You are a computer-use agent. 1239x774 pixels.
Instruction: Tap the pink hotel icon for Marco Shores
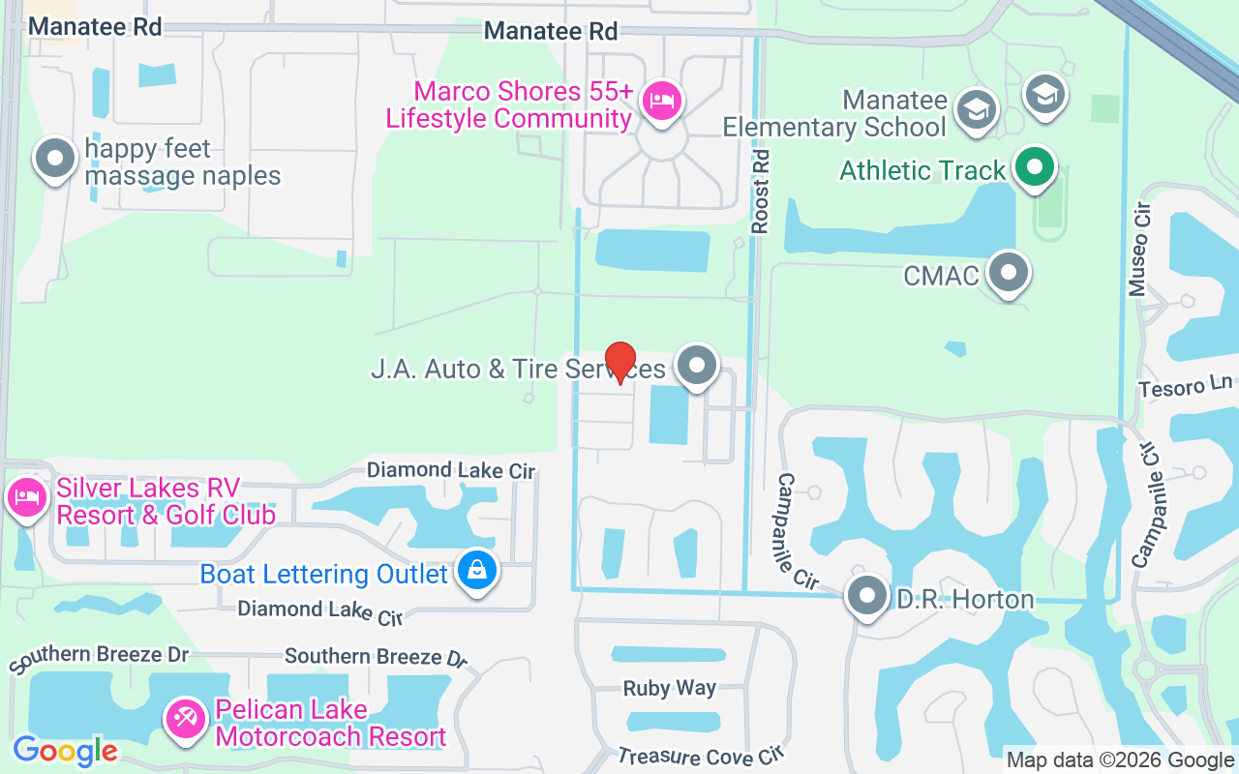662,100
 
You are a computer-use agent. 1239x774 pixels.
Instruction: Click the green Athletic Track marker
1035,167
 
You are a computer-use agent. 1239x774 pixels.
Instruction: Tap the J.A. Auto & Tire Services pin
696,366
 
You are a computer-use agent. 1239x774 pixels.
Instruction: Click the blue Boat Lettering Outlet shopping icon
477,571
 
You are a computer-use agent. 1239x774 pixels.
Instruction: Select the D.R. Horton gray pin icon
866,596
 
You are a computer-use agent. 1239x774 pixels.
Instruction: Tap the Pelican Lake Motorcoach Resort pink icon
184,719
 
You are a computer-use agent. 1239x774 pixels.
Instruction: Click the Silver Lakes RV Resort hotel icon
26,498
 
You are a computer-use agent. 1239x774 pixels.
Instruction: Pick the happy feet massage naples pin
55,158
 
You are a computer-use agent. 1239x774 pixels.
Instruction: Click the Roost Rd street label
760,191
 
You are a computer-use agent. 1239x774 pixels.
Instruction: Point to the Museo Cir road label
1139,250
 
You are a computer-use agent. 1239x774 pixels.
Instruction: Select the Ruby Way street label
669,688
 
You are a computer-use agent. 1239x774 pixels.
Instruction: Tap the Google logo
65,751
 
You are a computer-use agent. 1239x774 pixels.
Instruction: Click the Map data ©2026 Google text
1121,760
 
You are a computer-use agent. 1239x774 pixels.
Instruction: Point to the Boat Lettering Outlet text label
323,574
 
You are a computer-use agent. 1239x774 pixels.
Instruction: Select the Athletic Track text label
922,171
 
